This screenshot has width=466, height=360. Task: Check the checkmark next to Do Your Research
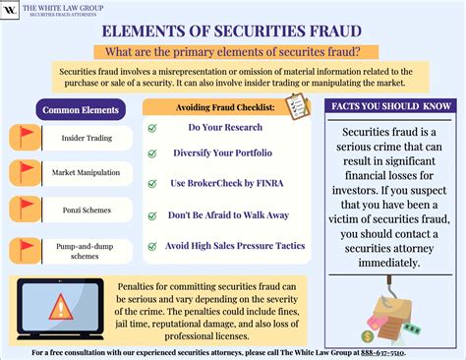[152, 127]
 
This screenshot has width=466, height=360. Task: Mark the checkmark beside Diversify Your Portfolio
[152, 154]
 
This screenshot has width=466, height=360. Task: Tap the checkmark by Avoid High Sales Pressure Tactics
[152, 246]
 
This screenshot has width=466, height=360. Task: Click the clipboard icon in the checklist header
[292, 108]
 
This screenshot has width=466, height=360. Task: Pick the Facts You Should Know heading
[390, 105]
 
